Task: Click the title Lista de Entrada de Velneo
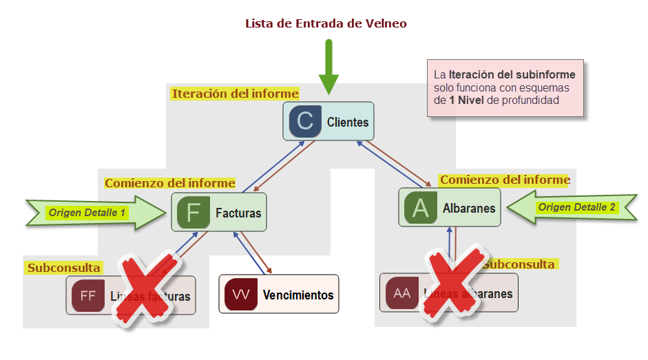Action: (326, 23)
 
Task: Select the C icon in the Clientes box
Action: (305, 122)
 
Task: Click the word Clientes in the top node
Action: (348, 123)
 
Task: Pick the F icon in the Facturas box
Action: (193, 213)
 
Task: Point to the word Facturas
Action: (238, 213)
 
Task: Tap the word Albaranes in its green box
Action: (469, 208)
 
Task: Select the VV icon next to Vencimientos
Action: (241, 295)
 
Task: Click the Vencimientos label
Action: (298, 295)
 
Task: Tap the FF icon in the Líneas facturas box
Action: (88, 296)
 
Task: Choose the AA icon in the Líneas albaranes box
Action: (402, 293)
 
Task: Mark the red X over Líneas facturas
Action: (146, 289)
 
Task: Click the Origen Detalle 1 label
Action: (86, 213)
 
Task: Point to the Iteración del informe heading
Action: (235, 94)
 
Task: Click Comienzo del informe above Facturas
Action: (169, 183)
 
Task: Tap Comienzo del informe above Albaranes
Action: (505, 180)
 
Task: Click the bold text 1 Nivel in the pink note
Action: (467, 100)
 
